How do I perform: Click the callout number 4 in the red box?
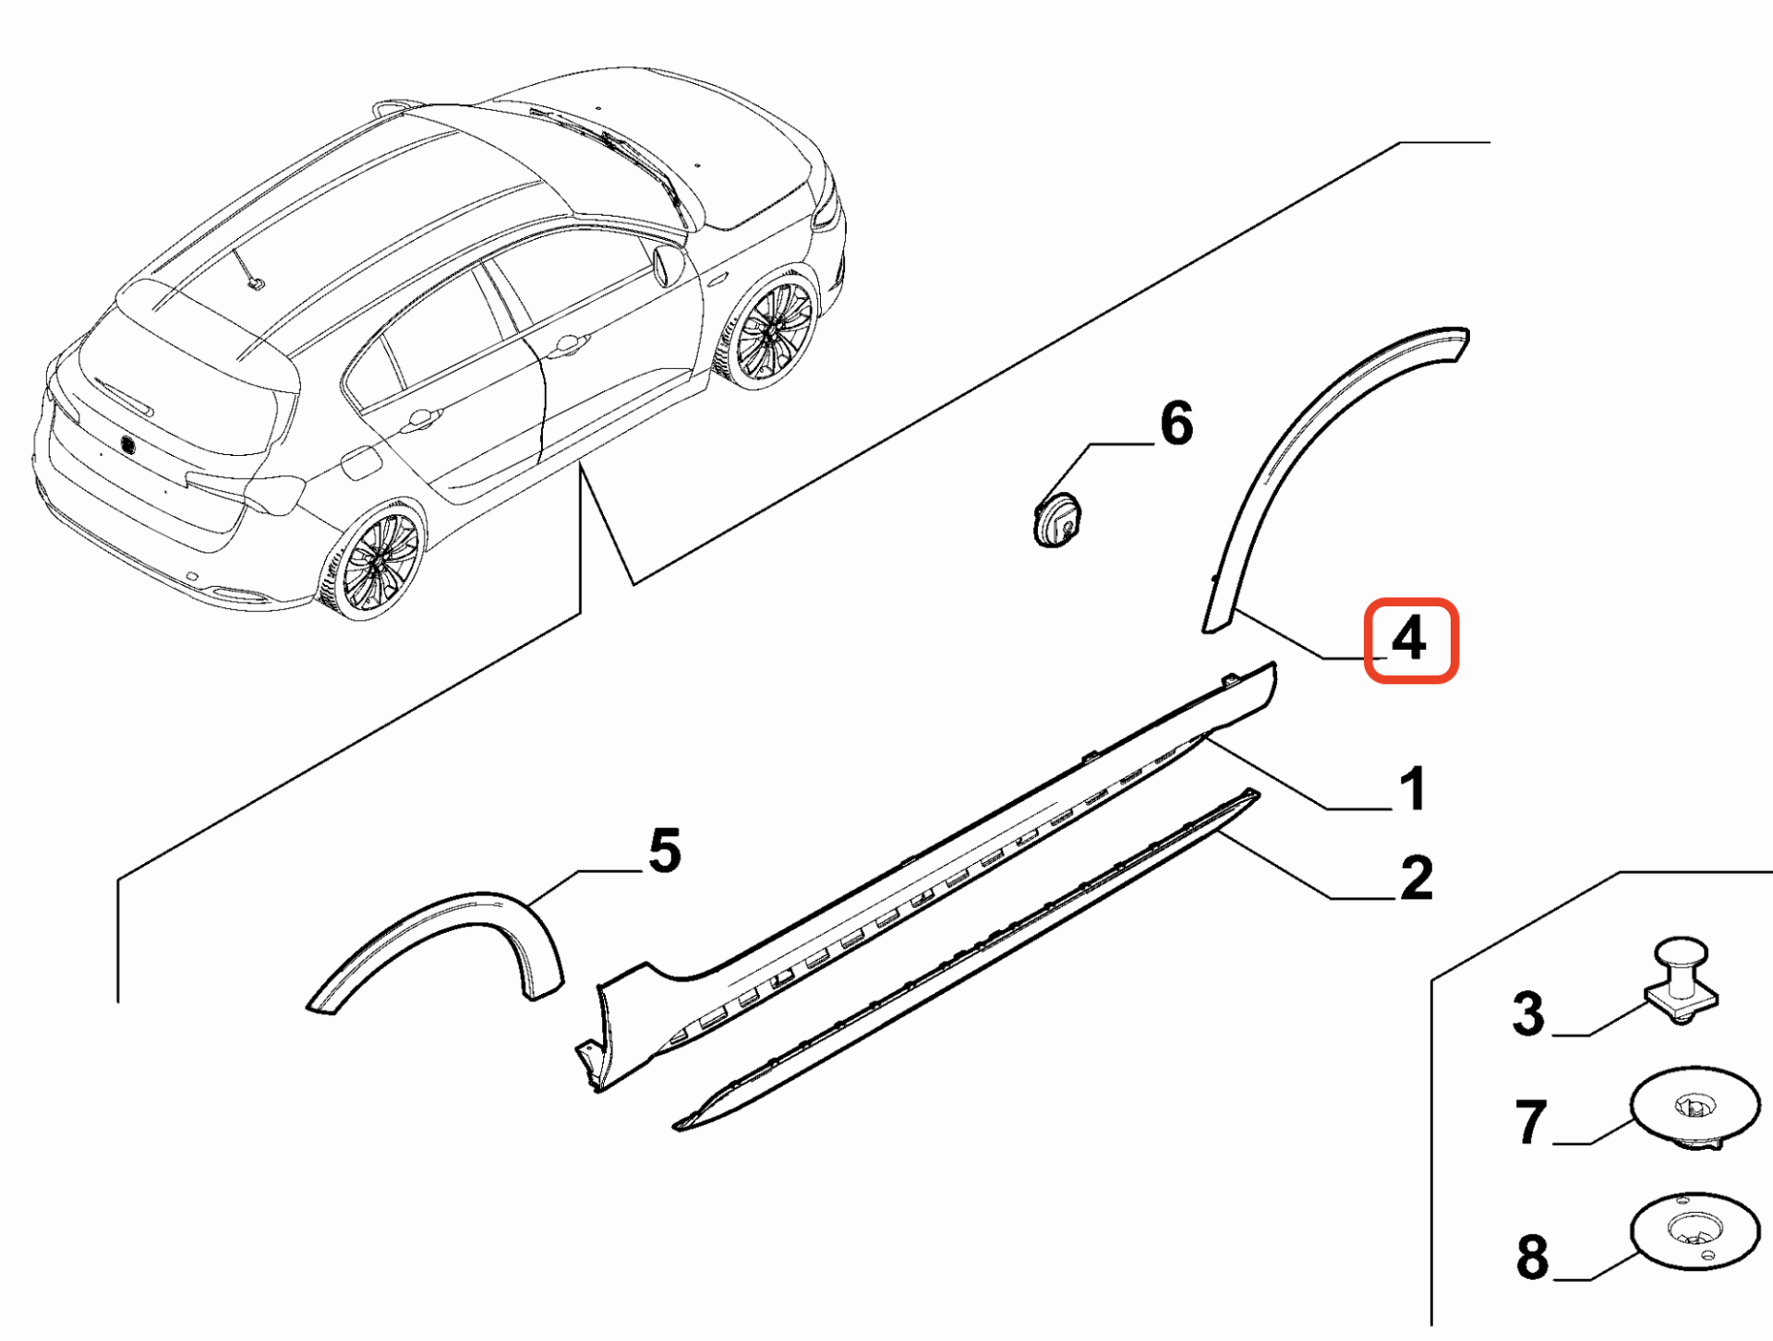pos(1409,640)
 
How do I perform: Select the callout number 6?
pos(1176,424)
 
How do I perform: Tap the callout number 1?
pos(1412,789)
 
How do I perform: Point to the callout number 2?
pos(1416,878)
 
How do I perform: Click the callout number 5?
pos(664,850)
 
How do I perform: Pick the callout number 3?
pos(1528,1013)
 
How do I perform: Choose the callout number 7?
pos(1530,1122)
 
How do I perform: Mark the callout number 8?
pos(1532,1257)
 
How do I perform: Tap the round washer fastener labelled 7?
pos(1694,1107)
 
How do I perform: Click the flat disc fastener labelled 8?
pos(1695,1229)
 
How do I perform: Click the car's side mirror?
pos(667,265)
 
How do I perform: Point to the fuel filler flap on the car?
pos(360,462)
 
